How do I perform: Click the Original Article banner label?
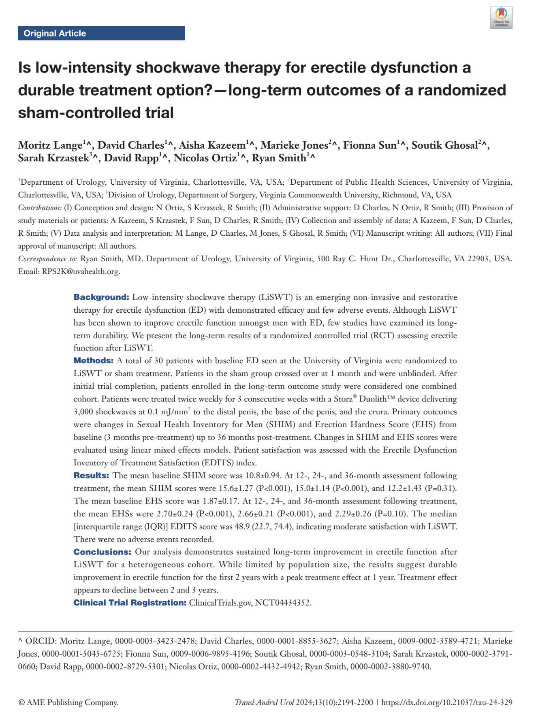(x=55, y=33)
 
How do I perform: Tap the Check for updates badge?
(x=501, y=18)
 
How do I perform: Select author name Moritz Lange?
(x=50, y=145)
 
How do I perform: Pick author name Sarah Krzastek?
(x=53, y=158)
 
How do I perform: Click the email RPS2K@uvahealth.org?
(x=81, y=271)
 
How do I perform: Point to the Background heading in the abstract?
(x=101, y=297)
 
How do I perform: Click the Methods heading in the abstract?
(x=94, y=361)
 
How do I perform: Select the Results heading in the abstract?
(x=91, y=476)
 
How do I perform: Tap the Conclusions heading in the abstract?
(x=102, y=552)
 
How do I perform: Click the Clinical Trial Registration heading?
(x=130, y=603)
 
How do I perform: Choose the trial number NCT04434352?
(x=283, y=603)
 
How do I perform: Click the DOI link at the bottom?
(x=446, y=702)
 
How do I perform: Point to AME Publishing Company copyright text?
(x=68, y=702)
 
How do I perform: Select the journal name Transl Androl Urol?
(x=264, y=702)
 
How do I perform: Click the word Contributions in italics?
(x=40, y=208)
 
